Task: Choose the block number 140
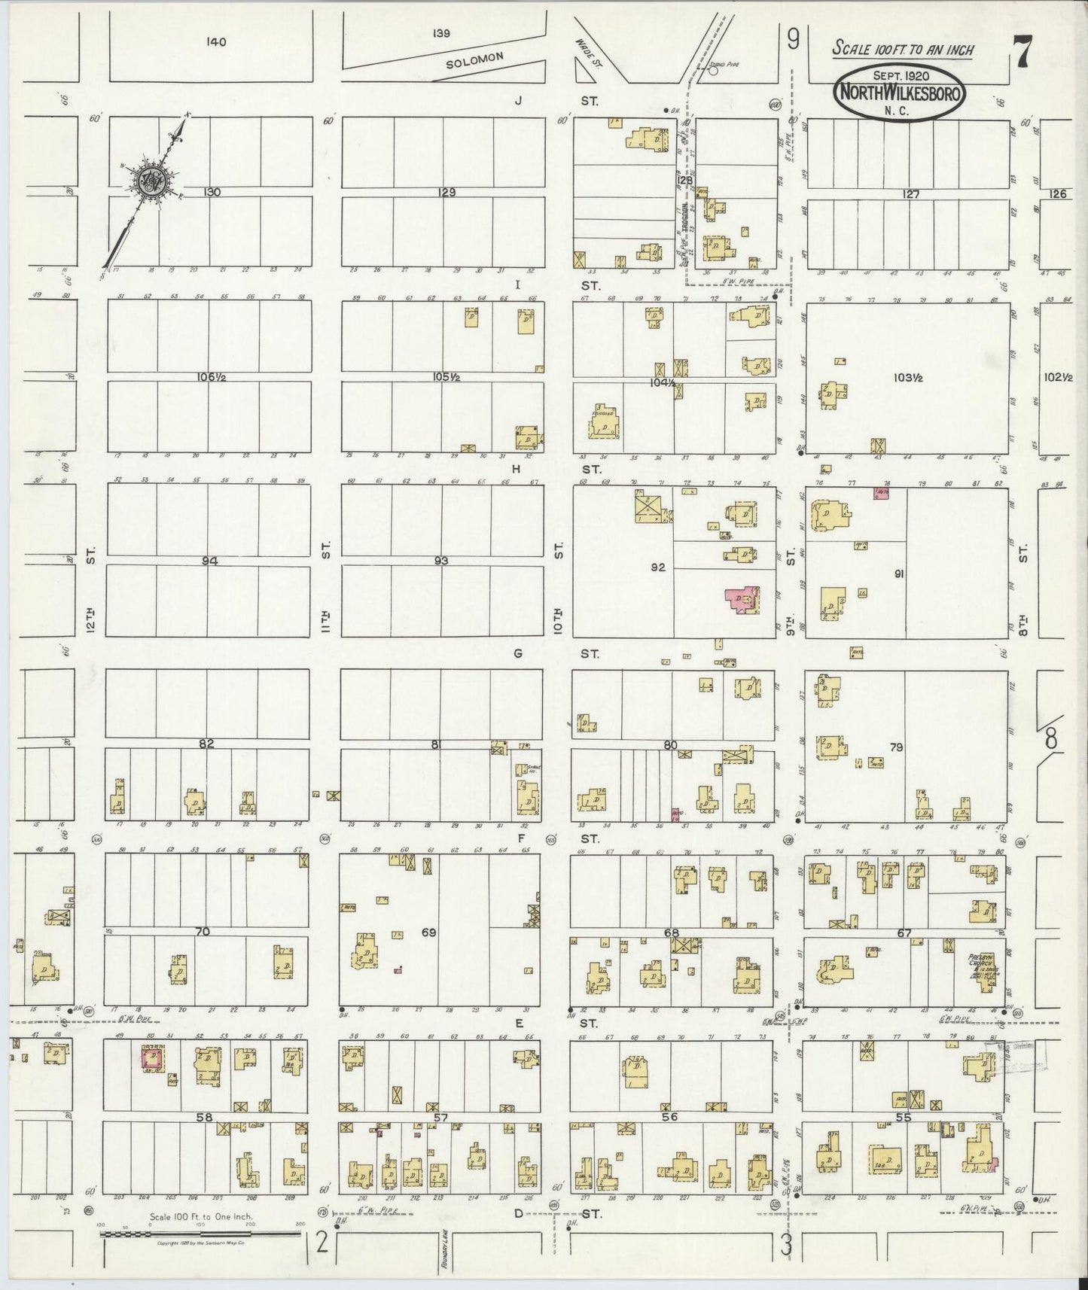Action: point(216,42)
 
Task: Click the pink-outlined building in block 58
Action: point(152,1059)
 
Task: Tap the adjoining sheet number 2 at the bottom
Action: point(322,1243)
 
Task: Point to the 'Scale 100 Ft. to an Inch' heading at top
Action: point(902,50)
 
